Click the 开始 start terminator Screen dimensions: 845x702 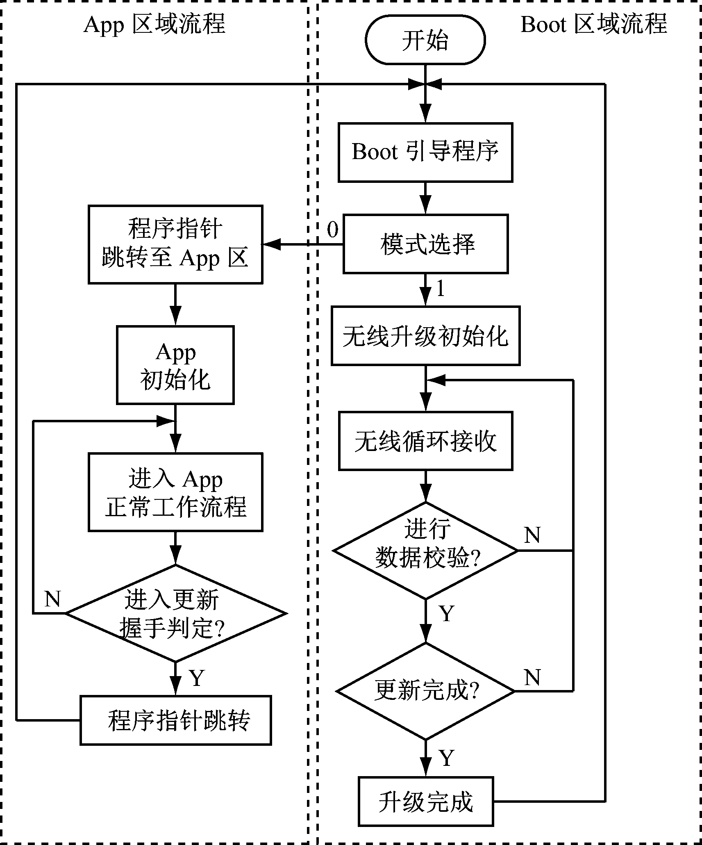click(x=425, y=40)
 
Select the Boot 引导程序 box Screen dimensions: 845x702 click(x=425, y=152)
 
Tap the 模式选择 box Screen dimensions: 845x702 click(x=425, y=244)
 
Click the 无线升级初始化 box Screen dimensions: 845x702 click(x=425, y=336)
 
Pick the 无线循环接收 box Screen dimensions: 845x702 click(x=425, y=441)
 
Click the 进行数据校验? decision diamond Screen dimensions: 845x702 click(x=425, y=551)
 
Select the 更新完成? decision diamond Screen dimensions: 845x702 click(x=425, y=692)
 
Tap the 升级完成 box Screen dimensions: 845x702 click(x=425, y=801)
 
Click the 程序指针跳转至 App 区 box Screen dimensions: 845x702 click(x=175, y=244)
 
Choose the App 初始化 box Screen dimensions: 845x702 click(x=175, y=365)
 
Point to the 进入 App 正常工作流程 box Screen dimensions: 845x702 click(x=175, y=492)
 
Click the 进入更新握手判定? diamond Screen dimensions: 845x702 click(x=175, y=614)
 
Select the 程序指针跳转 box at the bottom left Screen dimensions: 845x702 click(x=175, y=720)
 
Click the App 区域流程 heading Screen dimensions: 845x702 click(x=154, y=25)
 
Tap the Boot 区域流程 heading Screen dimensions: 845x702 click(x=594, y=25)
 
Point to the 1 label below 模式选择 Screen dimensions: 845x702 click(x=441, y=289)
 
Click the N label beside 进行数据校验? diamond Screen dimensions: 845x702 click(x=532, y=535)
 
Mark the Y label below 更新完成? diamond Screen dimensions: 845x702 click(x=447, y=758)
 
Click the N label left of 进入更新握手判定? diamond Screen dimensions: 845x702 click(x=52, y=599)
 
